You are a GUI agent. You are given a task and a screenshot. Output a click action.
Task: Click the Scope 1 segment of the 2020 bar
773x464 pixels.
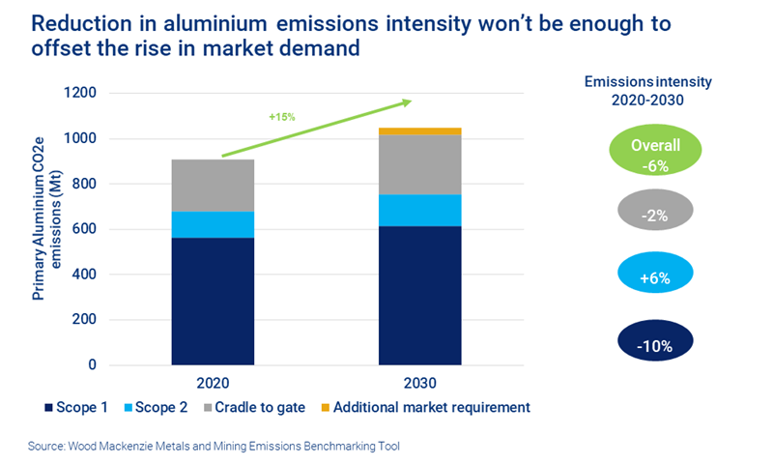tap(213, 301)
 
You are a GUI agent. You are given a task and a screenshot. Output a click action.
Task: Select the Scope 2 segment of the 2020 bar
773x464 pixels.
tap(213, 224)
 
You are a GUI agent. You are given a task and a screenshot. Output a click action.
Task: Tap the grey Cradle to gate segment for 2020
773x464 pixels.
tap(213, 186)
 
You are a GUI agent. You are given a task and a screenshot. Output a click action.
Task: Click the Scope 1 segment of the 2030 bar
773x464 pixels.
tap(419, 295)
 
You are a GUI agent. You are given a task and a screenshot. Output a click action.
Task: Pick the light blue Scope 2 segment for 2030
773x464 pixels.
tap(419, 210)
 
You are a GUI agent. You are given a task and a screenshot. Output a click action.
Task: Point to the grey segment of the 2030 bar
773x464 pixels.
tap(419, 164)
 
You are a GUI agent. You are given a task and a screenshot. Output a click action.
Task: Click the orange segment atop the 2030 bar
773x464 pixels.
tap(419, 131)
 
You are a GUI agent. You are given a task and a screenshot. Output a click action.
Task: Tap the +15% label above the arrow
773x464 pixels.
tap(283, 117)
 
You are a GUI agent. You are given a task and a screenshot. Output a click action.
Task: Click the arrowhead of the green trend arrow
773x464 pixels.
tap(406, 101)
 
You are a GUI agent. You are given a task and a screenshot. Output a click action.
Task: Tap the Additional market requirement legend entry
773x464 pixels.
tap(430, 408)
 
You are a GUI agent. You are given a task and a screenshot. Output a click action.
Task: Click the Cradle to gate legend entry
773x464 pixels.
tap(260, 408)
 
